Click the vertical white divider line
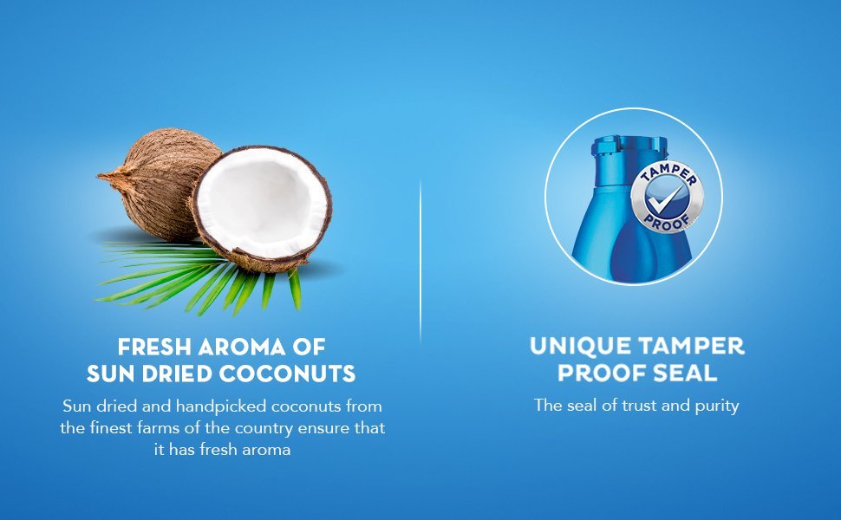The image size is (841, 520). point(420,260)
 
